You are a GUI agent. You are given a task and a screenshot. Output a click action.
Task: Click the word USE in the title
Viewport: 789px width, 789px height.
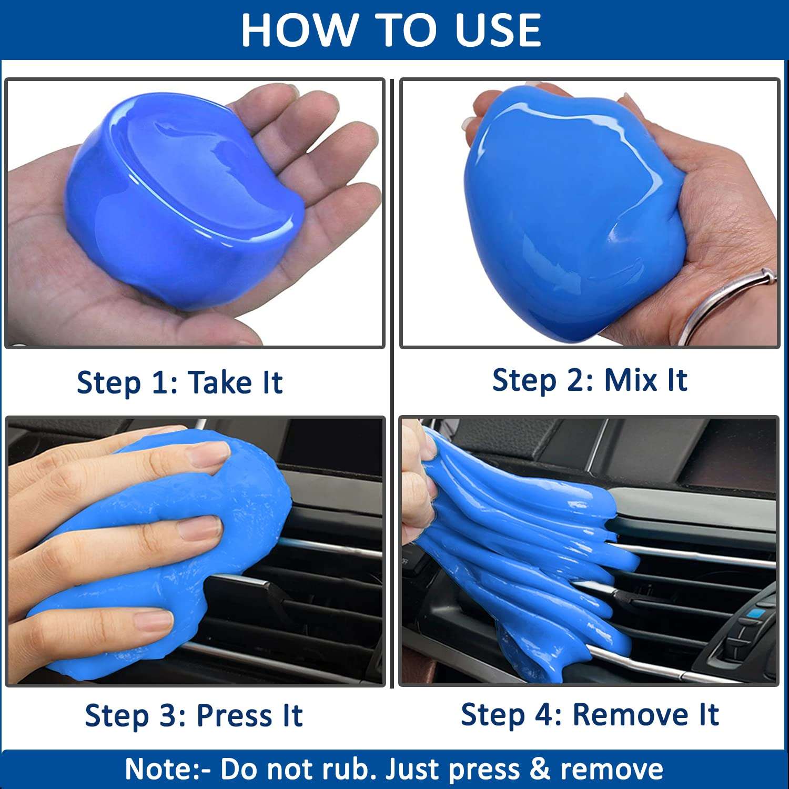click(x=498, y=30)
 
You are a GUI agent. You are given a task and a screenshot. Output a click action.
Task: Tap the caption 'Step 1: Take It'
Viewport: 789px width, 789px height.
click(x=179, y=382)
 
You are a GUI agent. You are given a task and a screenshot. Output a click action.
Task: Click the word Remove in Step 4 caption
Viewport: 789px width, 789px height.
click(x=630, y=714)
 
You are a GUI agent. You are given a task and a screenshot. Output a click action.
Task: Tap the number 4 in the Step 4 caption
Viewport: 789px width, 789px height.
click(x=547, y=715)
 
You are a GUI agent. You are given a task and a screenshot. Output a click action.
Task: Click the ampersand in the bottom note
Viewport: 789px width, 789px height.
click(x=540, y=769)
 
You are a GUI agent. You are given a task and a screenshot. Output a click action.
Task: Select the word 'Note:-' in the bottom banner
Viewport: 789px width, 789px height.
click(x=167, y=769)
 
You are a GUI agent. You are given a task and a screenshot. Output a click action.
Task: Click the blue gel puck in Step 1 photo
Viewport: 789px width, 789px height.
click(x=184, y=200)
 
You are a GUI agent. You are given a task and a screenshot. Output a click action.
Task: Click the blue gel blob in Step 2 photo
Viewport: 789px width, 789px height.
click(x=573, y=210)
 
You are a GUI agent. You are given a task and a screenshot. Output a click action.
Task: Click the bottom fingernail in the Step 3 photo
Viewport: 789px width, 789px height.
click(x=153, y=621)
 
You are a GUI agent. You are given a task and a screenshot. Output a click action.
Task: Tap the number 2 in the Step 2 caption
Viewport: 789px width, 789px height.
click(x=575, y=380)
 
